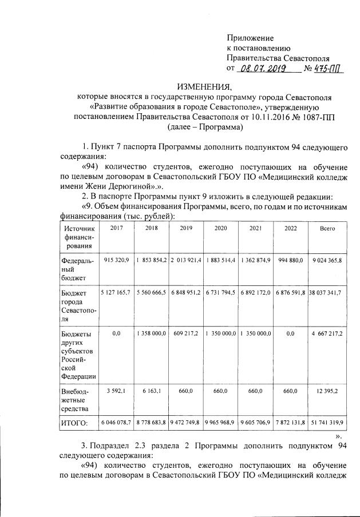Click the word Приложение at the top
[251, 37]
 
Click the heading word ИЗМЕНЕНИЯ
[205, 87]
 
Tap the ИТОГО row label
[74, 423]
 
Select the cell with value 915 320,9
[116, 260]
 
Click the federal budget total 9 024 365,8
[327, 260]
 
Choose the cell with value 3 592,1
[116, 391]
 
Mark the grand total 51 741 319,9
[327, 423]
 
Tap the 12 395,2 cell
[327, 391]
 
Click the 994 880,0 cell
[291, 260]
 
